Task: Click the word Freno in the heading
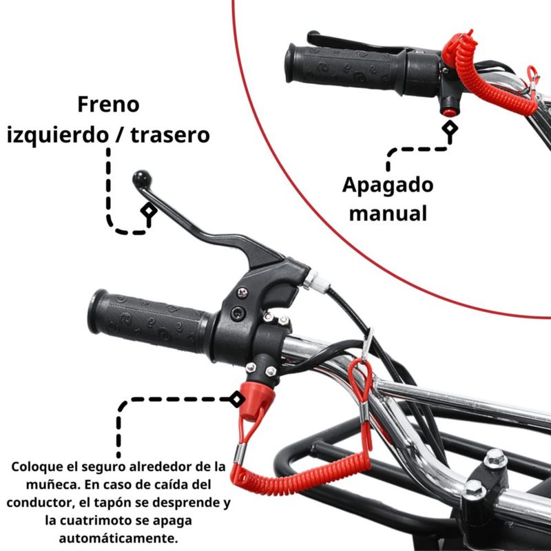[x=108, y=105]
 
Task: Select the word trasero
[x=170, y=135]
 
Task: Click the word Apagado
[x=388, y=185]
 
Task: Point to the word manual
[x=388, y=214]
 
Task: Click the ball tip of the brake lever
[x=142, y=179]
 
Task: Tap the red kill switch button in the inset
[x=448, y=112]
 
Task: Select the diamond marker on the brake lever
[x=149, y=211]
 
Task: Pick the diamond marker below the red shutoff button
[x=450, y=128]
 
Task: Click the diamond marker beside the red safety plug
[x=237, y=399]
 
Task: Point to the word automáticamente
[x=118, y=538]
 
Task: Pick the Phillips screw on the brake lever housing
[x=242, y=292]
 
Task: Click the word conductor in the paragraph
[x=40, y=503]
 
